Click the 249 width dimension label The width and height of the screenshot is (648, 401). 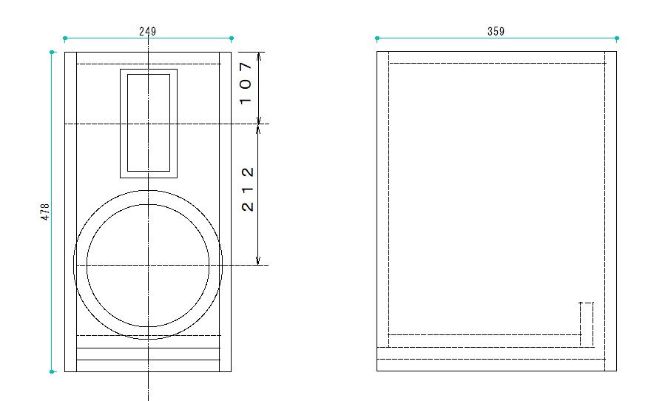(148, 32)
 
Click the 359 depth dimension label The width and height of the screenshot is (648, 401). (496, 32)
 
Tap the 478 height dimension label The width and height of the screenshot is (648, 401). (45, 212)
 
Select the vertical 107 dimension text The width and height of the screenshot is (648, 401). (247, 82)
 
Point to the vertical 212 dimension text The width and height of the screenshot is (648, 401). (248, 189)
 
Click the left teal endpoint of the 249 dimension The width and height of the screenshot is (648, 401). (65, 38)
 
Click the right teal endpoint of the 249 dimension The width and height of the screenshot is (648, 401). (232, 38)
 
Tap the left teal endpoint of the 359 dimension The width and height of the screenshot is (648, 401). (377, 38)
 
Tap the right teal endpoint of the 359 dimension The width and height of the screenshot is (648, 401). (617, 38)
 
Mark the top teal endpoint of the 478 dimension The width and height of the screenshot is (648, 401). (52, 52)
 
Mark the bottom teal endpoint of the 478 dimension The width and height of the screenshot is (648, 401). (52, 371)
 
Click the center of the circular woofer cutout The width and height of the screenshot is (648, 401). (148, 264)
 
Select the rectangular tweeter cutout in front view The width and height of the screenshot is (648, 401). (149, 123)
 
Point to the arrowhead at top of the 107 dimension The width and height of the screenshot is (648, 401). (258, 55)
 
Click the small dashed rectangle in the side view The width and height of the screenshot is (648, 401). (586, 324)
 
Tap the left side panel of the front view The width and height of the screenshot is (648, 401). (71, 212)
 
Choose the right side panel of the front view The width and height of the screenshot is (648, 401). (226, 212)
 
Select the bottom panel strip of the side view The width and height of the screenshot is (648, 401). (496, 364)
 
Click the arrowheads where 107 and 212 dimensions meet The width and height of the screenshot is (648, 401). (258, 124)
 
